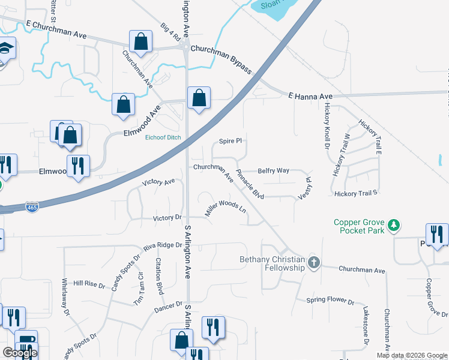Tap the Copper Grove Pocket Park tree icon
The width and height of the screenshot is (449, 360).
click(x=394, y=226)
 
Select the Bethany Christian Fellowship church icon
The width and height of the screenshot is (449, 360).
click(x=313, y=262)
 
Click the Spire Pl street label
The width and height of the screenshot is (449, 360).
click(x=230, y=141)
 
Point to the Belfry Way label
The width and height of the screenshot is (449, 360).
click(x=273, y=171)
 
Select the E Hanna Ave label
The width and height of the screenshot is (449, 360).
click(x=310, y=96)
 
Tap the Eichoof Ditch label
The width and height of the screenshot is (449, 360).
click(x=163, y=137)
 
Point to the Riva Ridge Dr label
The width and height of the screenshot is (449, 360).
click(x=162, y=245)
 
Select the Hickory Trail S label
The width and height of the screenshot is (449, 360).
click(x=357, y=193)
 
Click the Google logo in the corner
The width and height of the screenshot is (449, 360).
click(x=20, y=353)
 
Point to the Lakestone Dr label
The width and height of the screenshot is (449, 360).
click(x=366, y=327)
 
